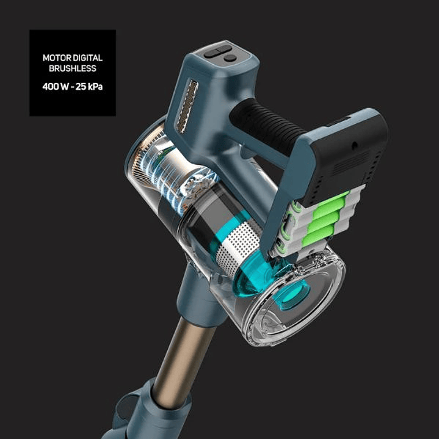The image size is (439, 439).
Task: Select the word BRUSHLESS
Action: [73, 68]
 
